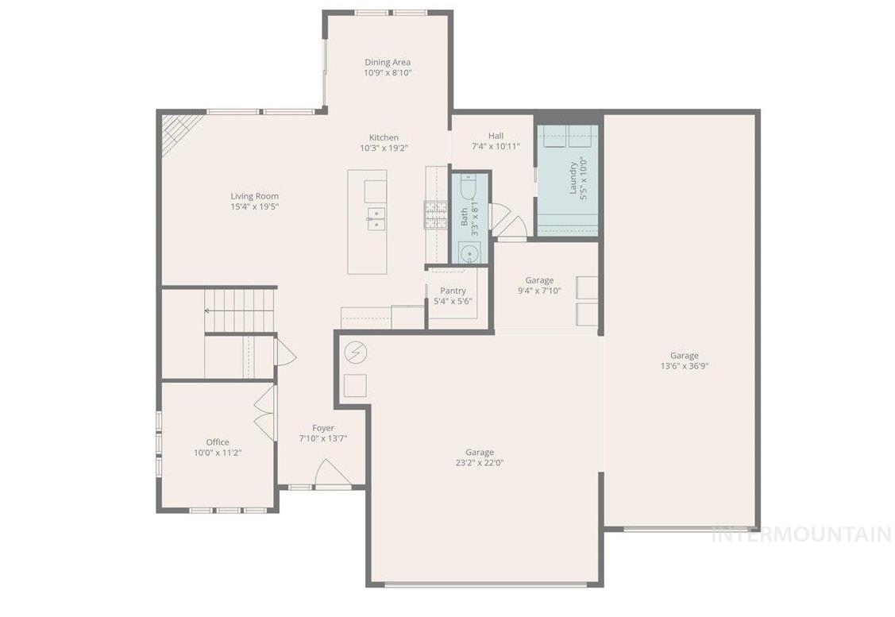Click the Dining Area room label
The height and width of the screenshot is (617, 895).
388,62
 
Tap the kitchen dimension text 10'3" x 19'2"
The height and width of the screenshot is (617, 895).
384,148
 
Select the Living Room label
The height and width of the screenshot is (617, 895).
254,196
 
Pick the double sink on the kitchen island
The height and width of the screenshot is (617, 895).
376,218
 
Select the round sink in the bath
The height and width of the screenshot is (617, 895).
469,254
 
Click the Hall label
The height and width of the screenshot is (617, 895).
496,136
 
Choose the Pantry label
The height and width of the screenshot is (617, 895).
453,291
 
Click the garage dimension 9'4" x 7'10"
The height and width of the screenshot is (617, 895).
539,291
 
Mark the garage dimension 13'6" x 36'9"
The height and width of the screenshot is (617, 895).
684,366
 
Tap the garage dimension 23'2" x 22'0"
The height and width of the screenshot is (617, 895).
480,463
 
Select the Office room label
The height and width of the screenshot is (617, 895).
218,442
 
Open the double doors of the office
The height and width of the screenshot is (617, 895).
264,408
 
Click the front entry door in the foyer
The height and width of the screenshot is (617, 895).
333,474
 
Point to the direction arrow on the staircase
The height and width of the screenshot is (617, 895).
209,310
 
